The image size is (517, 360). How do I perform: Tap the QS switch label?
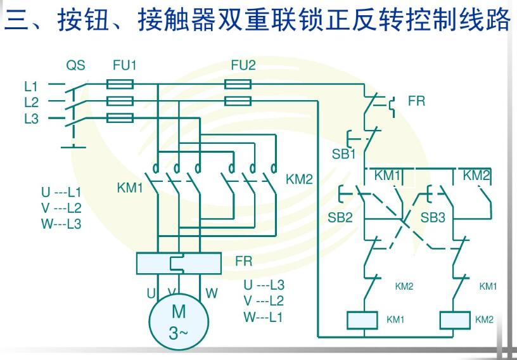tap(75, 65)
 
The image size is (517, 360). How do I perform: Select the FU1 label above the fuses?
tap(124, 65)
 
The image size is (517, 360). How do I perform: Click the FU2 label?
tap(243, 65)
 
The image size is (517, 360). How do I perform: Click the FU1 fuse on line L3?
tap(119, 118)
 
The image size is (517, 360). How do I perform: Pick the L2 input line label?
tap(32, 101)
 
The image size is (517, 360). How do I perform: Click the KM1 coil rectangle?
tap(362, 320)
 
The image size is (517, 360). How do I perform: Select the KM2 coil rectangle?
tap(454, 320)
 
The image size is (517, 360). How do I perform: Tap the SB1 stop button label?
tap(344, 153)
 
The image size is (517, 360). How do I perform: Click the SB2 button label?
tap(340, 217)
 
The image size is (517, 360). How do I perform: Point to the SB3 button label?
tap(433, 217)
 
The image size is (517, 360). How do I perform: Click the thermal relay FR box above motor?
tap(179, 262)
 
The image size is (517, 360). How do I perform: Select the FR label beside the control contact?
tap(416, 101)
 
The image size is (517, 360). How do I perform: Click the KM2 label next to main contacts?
tap(299, 179)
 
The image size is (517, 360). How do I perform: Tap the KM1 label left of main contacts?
tap(131, 188)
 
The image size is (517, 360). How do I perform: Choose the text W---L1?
tap(263, 316)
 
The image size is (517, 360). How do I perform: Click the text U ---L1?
tap(61, 193)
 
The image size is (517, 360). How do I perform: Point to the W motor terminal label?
tap(212, 293)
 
